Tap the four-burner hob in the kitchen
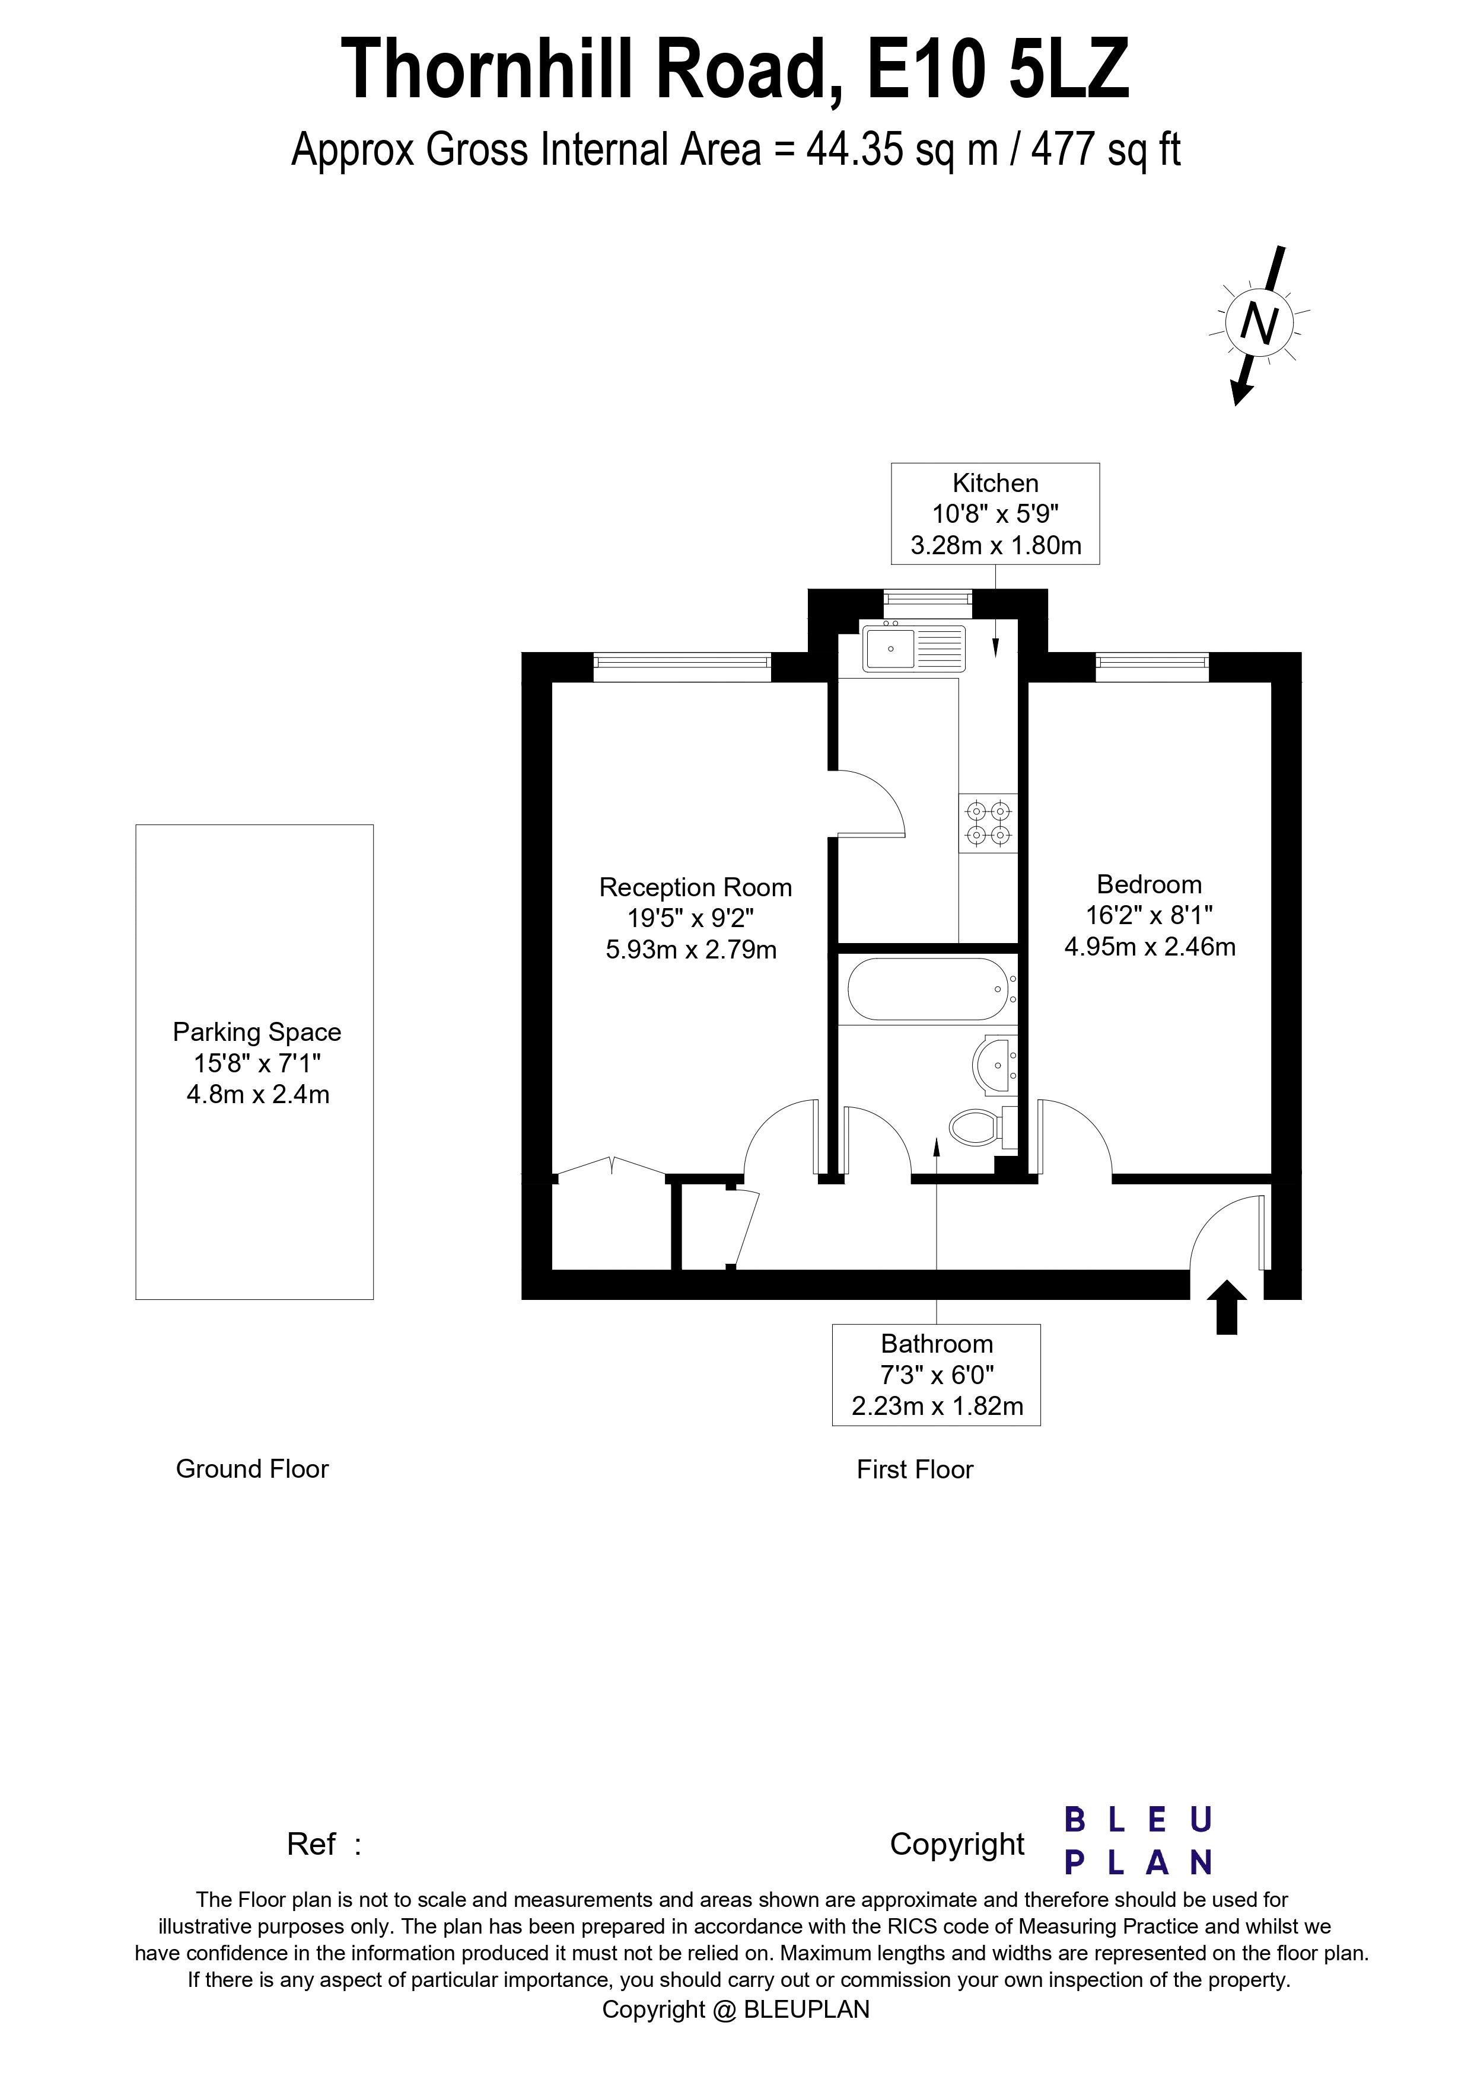pos(988,823)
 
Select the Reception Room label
pos(695,888)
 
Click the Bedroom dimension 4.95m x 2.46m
pos(1150,947)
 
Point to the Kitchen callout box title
pos(995,483)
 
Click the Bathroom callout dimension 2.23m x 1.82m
pos(937,1406)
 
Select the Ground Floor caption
pos(252,1468)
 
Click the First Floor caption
pos(915,1469)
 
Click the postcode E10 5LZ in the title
pos(998,70)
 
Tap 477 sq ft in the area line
pos(1106,149)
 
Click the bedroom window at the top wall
pos(1152,667)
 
